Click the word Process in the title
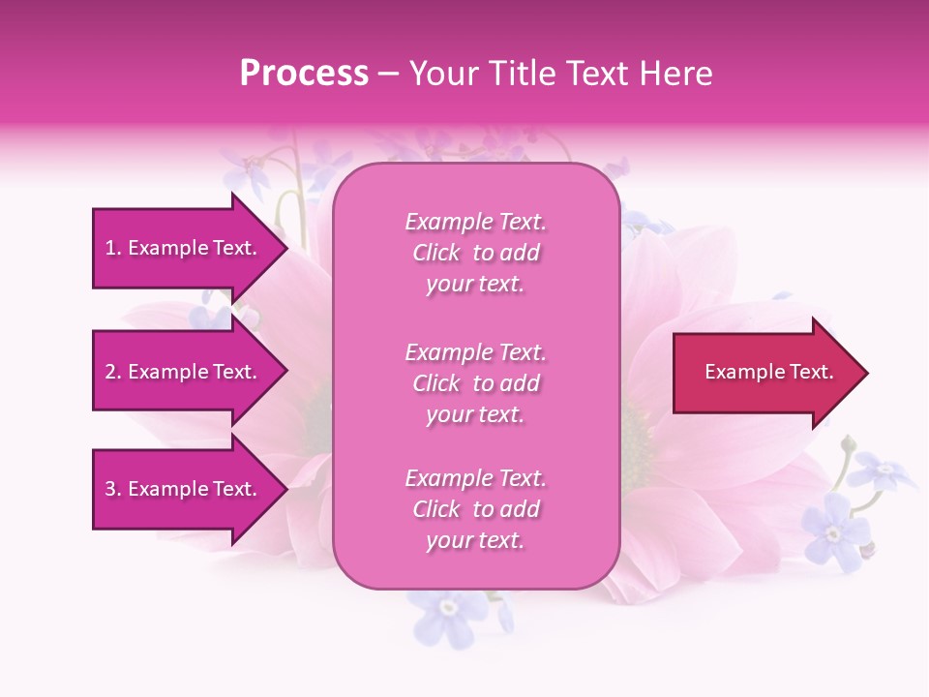304,74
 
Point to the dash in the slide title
389,75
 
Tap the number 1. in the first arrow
113,248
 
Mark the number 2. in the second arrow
113,372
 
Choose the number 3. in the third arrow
113,489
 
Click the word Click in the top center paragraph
436,253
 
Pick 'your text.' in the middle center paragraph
475,414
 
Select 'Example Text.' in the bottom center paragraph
475,478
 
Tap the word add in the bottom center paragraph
521,509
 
